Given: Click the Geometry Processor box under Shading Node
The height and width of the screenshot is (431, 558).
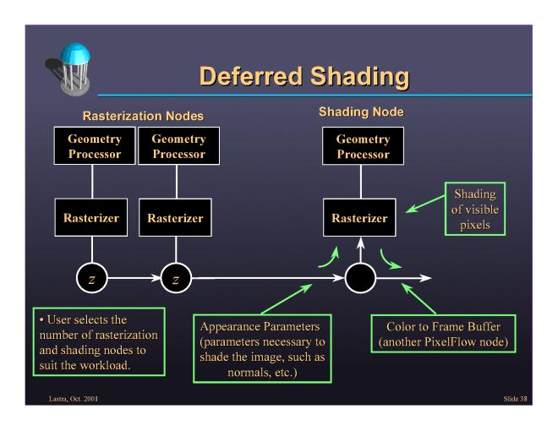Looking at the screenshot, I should click(x=363, y=146).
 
